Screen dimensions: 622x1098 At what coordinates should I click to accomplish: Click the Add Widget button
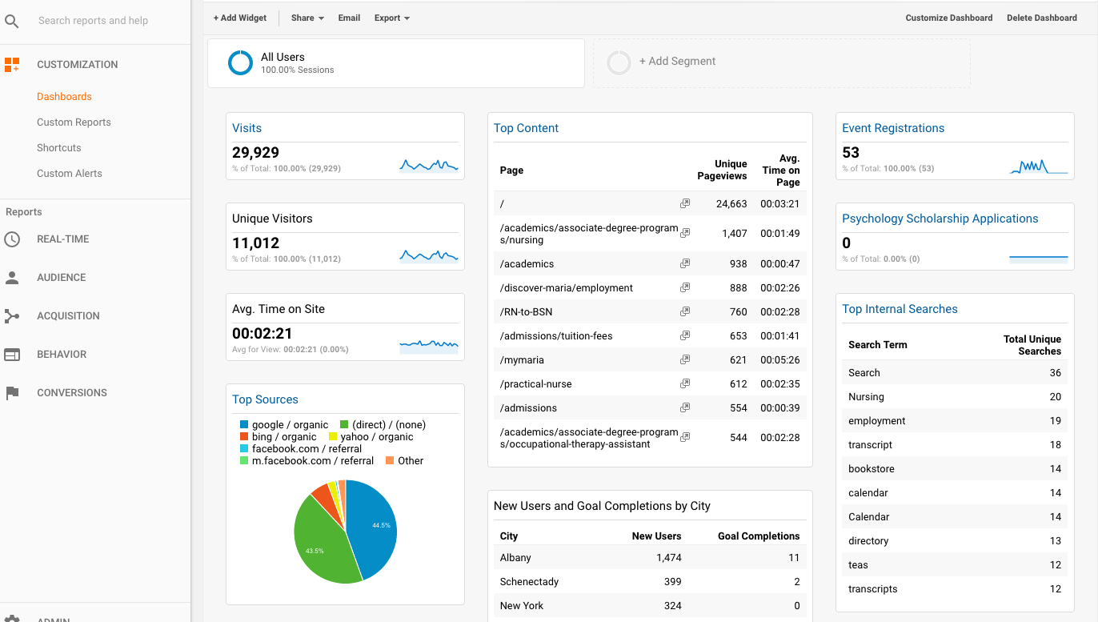pos(240,18)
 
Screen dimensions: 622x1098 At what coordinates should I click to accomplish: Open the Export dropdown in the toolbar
pos(391,18)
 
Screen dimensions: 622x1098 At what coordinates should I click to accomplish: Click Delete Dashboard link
pos(1041,18)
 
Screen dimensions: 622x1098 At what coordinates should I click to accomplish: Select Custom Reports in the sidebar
pos(74,122)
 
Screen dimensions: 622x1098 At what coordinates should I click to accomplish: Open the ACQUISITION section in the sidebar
pos(68,316)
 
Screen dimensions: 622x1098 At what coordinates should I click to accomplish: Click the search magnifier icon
pos(11,21)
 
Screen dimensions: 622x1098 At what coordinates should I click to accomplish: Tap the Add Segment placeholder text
pos(677,62)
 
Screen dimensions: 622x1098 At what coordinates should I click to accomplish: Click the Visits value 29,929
pos(255,153)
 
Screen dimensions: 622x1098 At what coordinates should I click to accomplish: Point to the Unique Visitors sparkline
pos(429,256)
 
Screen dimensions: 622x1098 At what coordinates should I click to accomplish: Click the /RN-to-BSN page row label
pos(527,312)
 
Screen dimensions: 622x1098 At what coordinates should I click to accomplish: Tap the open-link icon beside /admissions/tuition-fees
pos(684,336)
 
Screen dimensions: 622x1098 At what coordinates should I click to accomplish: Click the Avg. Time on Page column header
pos(780,171)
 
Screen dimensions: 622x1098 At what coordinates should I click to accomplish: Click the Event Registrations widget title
pos(893,128)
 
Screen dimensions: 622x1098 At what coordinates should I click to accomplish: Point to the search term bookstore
pos(872,469)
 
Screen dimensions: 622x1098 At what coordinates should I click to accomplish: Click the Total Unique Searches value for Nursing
pos(1055,397)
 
